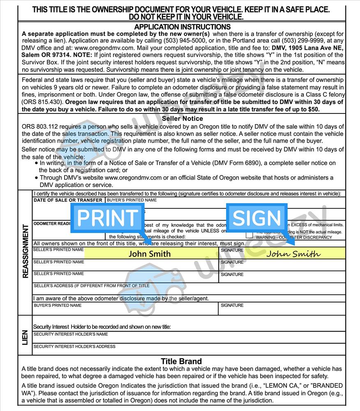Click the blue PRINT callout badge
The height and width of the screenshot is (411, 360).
pos(107,218)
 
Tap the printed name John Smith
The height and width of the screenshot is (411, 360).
pos(149,254)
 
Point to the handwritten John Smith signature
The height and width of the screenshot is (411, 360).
pos(293,254)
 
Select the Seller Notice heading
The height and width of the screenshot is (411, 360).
pos(182,119)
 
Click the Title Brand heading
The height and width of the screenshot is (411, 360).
pos(181,361)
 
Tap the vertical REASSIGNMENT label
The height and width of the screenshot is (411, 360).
pos(25,251)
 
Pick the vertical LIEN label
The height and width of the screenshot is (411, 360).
pos(25,337)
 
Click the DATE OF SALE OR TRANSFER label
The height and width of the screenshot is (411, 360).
pos(68,200)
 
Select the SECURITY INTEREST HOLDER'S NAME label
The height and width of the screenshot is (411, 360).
pos(71,334)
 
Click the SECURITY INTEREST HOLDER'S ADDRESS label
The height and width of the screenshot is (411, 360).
pos(74,346)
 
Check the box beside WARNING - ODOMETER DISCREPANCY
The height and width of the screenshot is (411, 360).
pos(249,236)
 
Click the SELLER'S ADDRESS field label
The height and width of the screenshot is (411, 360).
pos(91,286)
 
